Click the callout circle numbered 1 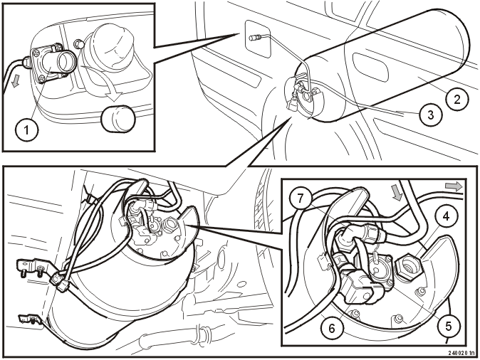[x=26, y=130]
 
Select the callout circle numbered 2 [x=456, y=99]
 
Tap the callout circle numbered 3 [x=431, y=115]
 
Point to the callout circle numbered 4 [x=446, y=216]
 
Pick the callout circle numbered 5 [x=449, y=327]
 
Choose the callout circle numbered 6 [x=332, y=329]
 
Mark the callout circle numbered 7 [x=301, y=198]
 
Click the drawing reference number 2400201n [x=462, y=353]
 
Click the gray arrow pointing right [x=454, y=186]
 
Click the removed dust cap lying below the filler [x=118, y=119]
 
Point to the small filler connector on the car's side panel [x=255, y=38]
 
